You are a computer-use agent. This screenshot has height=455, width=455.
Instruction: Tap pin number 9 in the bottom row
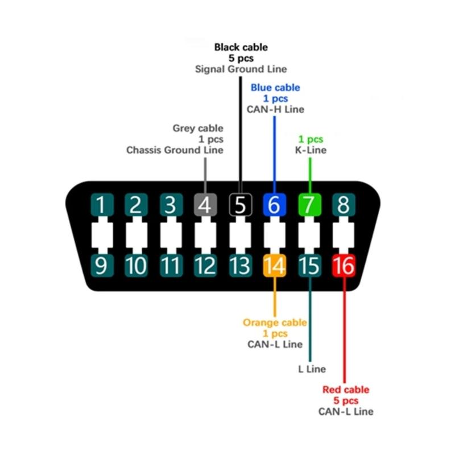(101, 266)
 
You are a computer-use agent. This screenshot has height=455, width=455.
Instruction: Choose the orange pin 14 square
(274, 266)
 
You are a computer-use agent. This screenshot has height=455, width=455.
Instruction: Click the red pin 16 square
(343, 266)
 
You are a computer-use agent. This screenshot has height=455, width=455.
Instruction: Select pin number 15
(309, 266)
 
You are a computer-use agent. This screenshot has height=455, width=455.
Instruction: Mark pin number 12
(205, 266)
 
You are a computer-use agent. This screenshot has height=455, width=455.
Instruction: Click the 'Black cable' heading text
(241, 47)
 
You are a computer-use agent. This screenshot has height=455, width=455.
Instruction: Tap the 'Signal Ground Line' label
(241, 69)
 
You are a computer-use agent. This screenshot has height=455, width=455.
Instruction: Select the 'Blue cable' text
(275, 88)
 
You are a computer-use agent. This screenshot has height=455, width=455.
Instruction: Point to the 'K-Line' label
(311, 151)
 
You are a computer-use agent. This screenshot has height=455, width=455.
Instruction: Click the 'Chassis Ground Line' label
(175, 151)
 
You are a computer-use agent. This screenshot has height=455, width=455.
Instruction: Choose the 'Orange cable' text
(275, 322)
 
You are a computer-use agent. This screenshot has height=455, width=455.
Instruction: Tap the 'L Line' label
(312, 369)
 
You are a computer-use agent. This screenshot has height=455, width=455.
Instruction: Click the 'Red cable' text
(346, 390)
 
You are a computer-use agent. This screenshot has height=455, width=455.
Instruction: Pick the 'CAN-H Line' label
(275, 109)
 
